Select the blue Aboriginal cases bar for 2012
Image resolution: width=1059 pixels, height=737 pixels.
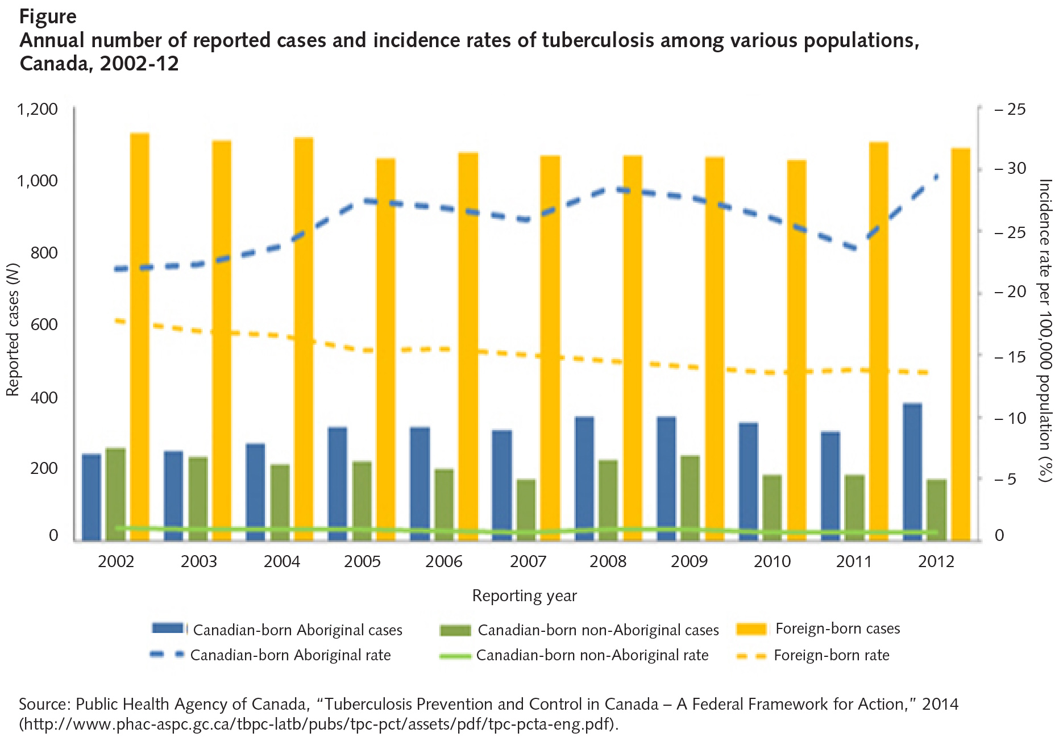pyautogui.click(x=912, y=472)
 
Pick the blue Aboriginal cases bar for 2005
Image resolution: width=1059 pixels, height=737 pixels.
pyautogui.click(x=337, y=483)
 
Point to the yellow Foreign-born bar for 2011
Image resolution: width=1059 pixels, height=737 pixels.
pyautogui.click(x=879, y=341)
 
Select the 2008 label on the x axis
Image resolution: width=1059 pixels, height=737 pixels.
pyautogui.click(x=608, y=561)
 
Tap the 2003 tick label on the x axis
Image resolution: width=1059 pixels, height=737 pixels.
pyautogui.click(x=198, y=561)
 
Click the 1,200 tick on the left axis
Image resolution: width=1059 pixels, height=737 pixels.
pyautogui.click(x=38, y=109)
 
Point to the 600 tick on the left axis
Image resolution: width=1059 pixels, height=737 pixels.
pyautogui.click(x=44, y=324)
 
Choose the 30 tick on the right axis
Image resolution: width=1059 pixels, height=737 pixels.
pyautogui.click(x=1016, y=168)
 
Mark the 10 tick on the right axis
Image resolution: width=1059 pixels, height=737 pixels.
pyautogui.click(x=1016, y=418)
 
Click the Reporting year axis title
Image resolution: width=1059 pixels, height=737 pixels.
pyautogui.click(x=524, y=596)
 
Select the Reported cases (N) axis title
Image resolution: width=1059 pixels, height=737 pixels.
pyautogui.click(x=13, y=330)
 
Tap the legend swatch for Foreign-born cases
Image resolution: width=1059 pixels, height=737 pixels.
pyautogui.click(x=751, y=629)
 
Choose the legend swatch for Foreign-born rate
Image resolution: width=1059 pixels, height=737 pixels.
pyautogui.click(x=751, y=656)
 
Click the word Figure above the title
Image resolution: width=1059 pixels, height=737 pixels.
pyautogui.click(x=48, y=16)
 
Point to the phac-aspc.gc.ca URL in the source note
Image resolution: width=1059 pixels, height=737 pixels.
pyautogui.click(x=318, y=724)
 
